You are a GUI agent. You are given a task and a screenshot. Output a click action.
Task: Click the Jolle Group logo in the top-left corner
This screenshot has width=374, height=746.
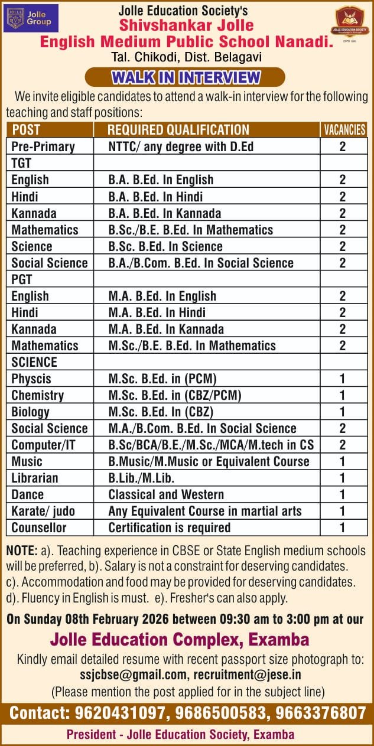[31, 18]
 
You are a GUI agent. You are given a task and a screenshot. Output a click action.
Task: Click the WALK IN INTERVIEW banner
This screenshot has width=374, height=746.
[186, 77]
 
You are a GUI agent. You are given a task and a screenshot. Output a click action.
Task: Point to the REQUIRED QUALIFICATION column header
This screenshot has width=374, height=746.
[178, 130]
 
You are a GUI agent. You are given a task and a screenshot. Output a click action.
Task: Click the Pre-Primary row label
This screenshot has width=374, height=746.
[43, 146]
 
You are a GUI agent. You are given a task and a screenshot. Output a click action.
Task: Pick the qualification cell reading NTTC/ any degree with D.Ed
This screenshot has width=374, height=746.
[181, 146]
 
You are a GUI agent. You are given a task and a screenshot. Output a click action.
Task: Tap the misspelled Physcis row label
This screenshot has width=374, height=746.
[31, 379]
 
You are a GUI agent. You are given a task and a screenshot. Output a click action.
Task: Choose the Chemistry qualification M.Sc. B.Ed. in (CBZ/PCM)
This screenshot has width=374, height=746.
[175, 395]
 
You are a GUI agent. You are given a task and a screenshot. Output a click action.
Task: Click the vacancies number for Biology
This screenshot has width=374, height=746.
[343, 412]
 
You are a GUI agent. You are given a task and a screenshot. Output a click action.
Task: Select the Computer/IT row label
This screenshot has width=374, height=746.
[43, 445]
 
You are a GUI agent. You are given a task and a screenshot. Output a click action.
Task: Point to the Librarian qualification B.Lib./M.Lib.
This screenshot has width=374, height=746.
[141, 478]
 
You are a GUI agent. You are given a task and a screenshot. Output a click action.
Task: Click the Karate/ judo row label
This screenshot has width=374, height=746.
[43, 511]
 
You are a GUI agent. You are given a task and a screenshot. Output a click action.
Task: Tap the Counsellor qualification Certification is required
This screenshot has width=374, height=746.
[170, 527]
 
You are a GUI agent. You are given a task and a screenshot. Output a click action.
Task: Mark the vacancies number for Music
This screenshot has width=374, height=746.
[343, 461]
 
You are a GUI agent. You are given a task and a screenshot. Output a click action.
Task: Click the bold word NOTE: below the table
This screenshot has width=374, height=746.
[22, 550]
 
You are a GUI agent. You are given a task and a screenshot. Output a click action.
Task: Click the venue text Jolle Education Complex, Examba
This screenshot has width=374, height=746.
[180, 639]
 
